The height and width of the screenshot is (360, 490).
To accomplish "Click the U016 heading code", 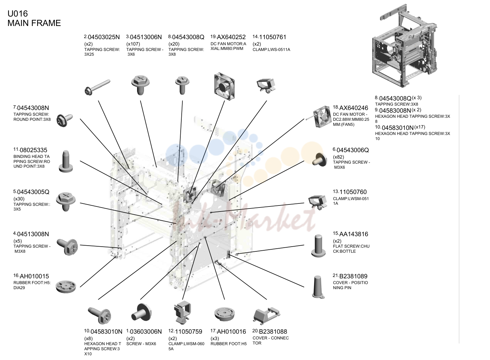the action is point(18,13).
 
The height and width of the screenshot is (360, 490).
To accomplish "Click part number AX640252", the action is point(231,37).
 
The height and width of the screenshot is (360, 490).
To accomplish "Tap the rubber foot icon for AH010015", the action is point(66,286).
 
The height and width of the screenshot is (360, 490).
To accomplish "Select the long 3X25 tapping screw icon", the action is point(97,87).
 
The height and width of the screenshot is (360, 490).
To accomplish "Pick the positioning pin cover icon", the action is point(318,287).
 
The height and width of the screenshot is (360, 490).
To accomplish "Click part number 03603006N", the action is point(146,332).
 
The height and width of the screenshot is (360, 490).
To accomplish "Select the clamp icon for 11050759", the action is point(182,313).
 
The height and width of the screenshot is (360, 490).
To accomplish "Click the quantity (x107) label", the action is point(133,44).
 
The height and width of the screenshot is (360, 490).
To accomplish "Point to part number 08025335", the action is point(33,150).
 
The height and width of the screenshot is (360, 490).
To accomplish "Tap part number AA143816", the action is point(354,234).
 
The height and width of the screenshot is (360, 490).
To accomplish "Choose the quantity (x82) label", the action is point(338,157).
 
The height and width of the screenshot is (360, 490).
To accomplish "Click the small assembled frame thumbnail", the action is point(405,46).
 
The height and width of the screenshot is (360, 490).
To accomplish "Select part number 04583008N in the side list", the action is point(395,111).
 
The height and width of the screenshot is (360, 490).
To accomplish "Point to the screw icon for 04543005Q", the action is point(66,201).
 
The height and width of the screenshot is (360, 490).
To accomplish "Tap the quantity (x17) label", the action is point(419,127).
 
